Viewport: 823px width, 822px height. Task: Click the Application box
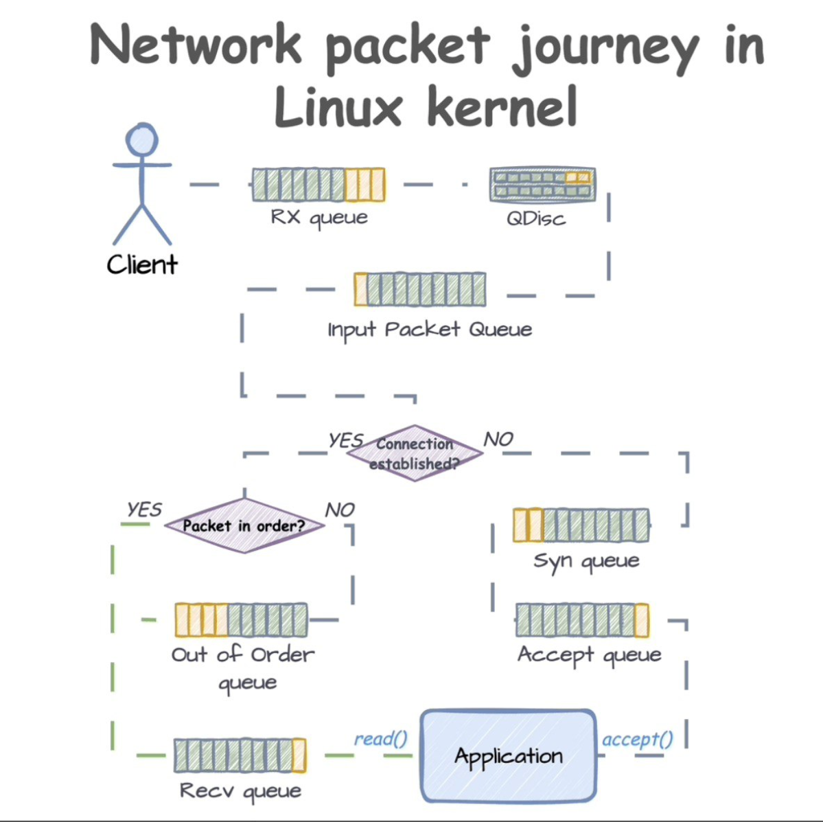[x=508, y=756]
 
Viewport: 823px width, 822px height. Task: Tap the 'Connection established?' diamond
[x=415, y=453]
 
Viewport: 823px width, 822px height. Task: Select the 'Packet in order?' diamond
[x=244, y=526]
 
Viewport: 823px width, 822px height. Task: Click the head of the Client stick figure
[x=142, y=140]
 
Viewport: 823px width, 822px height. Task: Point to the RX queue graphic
[x=318, y=184]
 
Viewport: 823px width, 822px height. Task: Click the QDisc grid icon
[x=542, y=184]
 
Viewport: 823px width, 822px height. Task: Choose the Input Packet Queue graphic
[x=420, y=289]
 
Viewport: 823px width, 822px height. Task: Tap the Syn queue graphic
[x=581, y=525]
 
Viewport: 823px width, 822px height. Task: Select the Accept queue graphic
[x=582, y=620]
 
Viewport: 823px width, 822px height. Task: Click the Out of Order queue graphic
[x=241, y=620]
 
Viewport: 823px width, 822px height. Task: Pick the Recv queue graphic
[x=240, y=755]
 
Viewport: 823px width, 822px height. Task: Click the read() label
[x=380, y=739]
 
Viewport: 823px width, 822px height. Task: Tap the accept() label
[x=637, y=740]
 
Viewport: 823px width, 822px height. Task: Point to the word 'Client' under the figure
[x=142, y=264]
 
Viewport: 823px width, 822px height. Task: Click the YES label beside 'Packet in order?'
[x=144, y=510]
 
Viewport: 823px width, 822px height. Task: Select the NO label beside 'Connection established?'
[x=498, y=439]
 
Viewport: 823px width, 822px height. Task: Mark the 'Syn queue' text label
[x=586, y=561]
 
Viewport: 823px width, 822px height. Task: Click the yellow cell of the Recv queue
[x=299, y=755]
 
